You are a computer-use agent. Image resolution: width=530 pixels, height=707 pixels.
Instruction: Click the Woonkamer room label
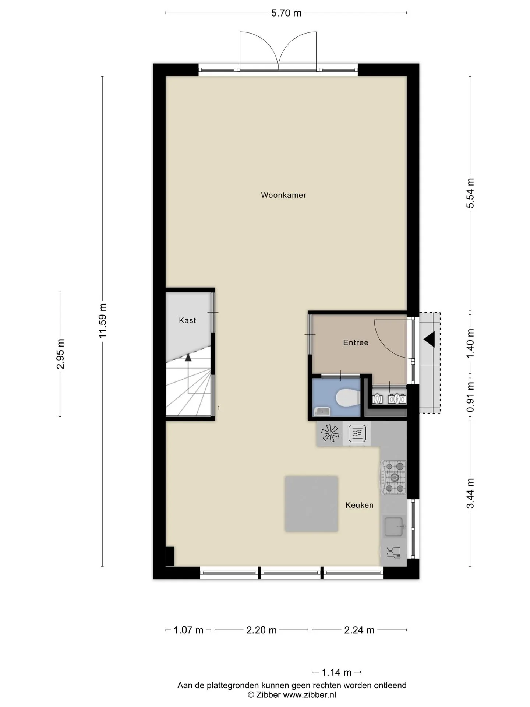coord(283,195)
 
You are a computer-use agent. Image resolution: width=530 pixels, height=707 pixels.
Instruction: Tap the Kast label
coord(187,320)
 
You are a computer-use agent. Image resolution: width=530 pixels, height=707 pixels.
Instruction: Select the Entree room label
coord(356,342)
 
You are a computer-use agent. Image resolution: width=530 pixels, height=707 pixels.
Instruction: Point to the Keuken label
coord(359,505)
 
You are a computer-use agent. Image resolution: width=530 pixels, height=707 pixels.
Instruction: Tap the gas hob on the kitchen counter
coord(394,478)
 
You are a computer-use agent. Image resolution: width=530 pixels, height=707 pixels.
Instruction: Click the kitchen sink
coord(394,527)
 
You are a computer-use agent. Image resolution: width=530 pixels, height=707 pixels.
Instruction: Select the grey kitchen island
coord(311,504)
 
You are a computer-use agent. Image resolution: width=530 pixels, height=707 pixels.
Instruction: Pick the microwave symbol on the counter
coord(357,433)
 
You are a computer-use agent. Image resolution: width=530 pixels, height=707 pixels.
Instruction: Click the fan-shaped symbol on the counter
coord(330,433)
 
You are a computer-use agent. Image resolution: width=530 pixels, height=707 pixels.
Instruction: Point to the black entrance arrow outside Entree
coord(429,339)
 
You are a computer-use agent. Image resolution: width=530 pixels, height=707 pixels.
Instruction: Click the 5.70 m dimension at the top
coord(286,13)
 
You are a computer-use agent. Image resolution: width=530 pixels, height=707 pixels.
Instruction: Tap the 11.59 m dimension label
coord(103,320)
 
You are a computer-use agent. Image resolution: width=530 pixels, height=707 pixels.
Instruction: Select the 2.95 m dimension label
coord(60,354)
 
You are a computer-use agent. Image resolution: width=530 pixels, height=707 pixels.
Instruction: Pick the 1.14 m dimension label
coord(336,672)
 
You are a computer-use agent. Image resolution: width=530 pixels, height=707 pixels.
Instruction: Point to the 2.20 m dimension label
coord(261,630)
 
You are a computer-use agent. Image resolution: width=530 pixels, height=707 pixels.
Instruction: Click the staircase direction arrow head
coord(188,356)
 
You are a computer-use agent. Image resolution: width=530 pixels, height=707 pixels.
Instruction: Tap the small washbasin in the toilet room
coord(321,411)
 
